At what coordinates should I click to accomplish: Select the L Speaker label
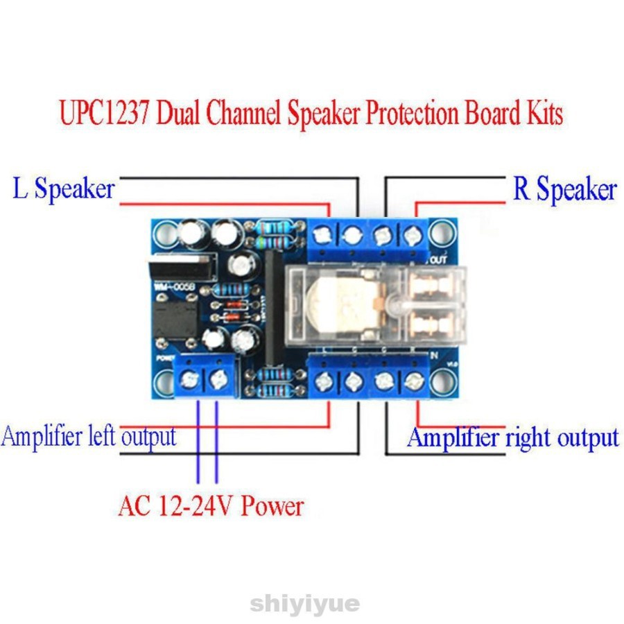pyautogui.click(x=63, y=189)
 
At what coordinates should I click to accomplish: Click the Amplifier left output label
pyautogui.click(x=88, y=437)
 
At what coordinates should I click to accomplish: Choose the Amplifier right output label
pyautogui.click(x=512, y=437)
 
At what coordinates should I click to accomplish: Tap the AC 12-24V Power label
pyautogui.click(x=211, y=505)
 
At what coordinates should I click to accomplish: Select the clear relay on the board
pyautogui.click(x=374, y=305)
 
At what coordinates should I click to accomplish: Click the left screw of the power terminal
pyautogui.click(x=189, y=379)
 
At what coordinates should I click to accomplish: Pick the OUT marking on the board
pyautogui.click(x=438, y=261)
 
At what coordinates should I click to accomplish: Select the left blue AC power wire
pyautogui.click(x=199, y=444)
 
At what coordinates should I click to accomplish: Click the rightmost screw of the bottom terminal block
pyautogui.click(x=414, y=380)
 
